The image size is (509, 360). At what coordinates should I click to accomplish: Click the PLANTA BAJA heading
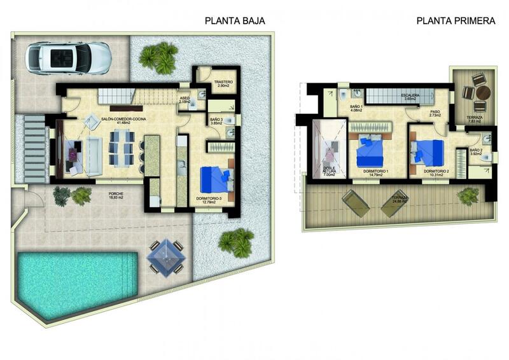click(235, 20)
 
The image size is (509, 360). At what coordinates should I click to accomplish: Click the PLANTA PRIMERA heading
click(456, 20)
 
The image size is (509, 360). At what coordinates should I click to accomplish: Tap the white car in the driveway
click(68, 57)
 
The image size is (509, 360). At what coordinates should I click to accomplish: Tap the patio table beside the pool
click(166, 257)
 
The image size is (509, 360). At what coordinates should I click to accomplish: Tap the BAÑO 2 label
click(477, 151)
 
